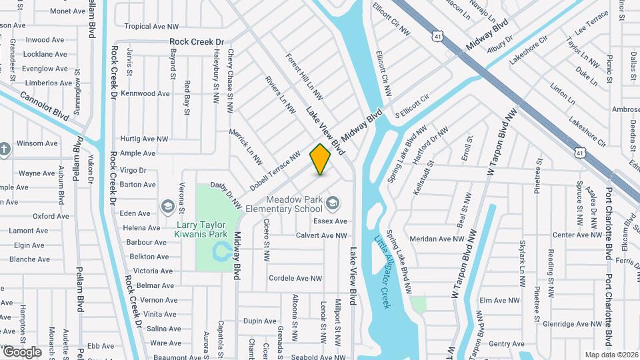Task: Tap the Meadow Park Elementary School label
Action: [294, 204]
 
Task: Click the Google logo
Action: [21, 351]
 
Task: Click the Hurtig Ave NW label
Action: [143, 139]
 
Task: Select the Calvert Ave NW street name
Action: [321, 235]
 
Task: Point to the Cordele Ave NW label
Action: [295, 278]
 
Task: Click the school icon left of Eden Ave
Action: [167, 205]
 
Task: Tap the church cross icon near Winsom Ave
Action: [5, 148]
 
